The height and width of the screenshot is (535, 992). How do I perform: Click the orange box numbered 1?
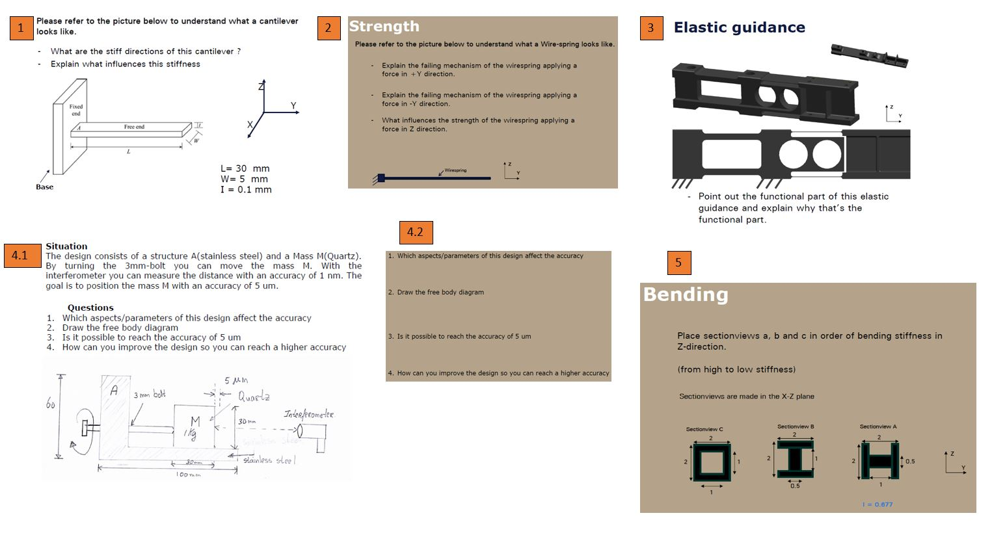point(21,28)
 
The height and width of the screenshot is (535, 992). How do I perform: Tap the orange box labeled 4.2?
point(416,232)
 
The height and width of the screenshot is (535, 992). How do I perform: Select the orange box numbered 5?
point(678,263)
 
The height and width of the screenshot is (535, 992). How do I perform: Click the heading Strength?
point(384,27)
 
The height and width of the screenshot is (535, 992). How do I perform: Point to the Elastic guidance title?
point(739,27)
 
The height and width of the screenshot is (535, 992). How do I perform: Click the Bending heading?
point(686,294)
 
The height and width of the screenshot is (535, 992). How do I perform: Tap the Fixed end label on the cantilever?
point(76,110)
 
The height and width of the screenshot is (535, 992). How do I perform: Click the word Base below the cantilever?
point(45,187)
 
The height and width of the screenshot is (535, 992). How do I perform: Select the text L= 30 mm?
point(245,168)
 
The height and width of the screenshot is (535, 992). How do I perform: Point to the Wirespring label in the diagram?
point(455,170)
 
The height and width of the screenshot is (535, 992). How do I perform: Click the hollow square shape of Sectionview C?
point(711,462)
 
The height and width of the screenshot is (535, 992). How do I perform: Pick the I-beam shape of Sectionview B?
point(794,459)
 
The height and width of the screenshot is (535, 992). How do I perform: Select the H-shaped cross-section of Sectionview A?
point(879,461)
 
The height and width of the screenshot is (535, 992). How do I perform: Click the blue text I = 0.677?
point(877,504)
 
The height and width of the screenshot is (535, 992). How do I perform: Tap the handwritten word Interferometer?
point(308,414)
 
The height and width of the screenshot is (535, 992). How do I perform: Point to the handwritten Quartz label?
point(254,396)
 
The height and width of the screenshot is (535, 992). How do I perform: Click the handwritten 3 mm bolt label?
point(150,395)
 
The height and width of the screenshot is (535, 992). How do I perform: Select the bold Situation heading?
point(66,246)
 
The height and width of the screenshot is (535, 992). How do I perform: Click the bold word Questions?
point(90,307)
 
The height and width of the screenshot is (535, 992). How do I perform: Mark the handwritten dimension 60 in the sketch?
point(51,404)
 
